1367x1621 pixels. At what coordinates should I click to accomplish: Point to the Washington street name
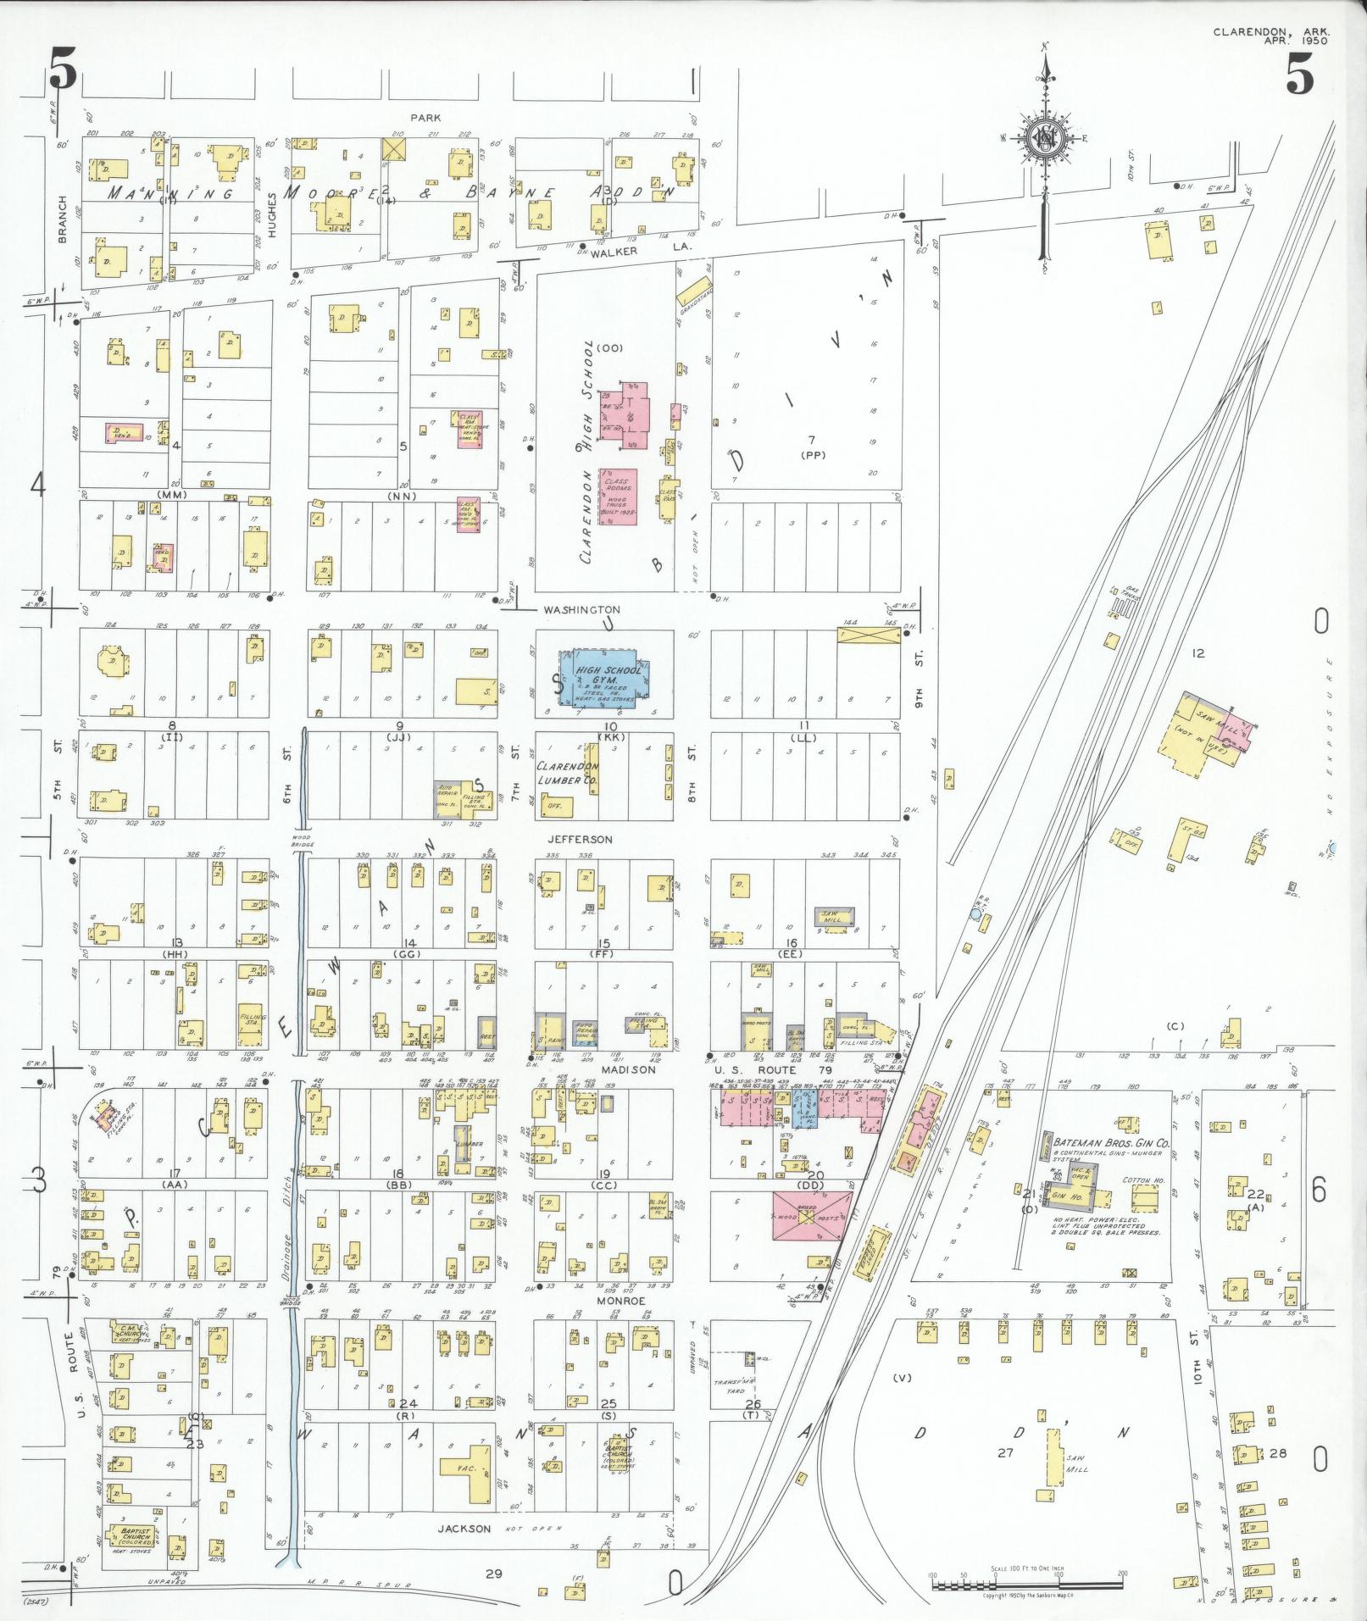click(581, 609)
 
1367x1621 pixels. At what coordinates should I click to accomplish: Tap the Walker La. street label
click(641, 252)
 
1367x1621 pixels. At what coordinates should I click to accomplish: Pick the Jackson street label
click(464, 1529)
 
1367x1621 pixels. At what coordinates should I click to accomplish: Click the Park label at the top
click(425, 118)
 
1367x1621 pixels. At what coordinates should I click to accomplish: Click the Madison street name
click(629, 1069)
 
